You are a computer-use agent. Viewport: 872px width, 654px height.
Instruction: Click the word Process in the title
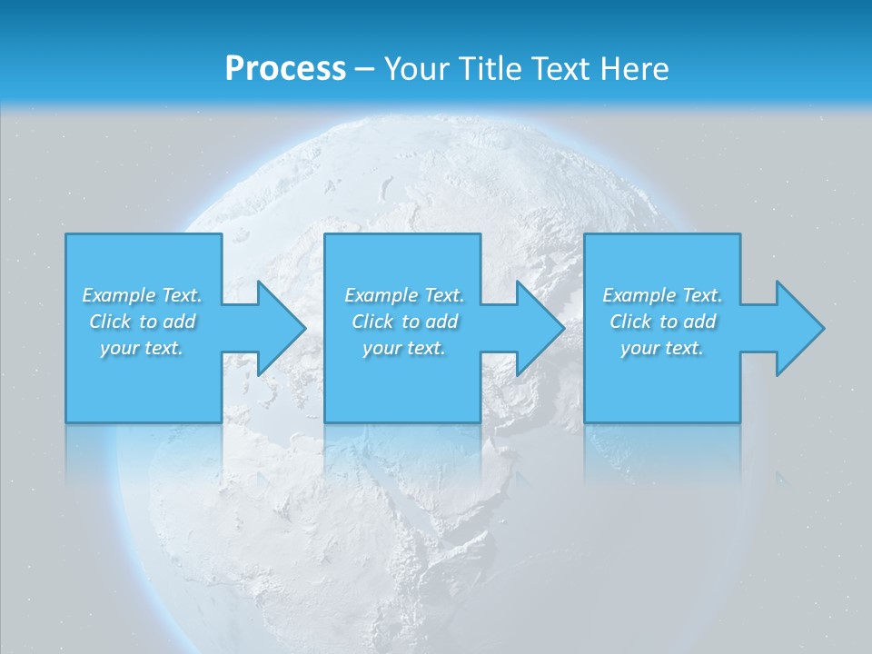[x=285, y=69]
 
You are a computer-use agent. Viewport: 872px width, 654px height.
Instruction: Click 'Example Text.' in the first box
[x=142, y=295]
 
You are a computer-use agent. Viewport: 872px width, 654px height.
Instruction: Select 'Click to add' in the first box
[x=142, y=322]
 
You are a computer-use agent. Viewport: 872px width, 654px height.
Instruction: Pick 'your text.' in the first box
[x=142, y=348]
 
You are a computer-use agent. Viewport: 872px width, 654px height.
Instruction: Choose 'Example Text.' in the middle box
[x=403, y=295]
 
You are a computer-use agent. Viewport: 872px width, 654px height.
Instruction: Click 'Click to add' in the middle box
[x=403, y=322]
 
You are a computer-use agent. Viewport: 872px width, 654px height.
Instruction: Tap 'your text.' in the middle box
[x=403, y=348]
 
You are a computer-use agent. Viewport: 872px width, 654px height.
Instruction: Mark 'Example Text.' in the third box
[x=662, y=295]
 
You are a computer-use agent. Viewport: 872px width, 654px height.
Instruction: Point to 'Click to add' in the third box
[x=662, y=322]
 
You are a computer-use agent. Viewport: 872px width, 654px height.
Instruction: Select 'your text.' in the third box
[x=662, y=348]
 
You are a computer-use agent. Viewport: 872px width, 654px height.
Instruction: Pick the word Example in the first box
[x=119, y=295]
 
